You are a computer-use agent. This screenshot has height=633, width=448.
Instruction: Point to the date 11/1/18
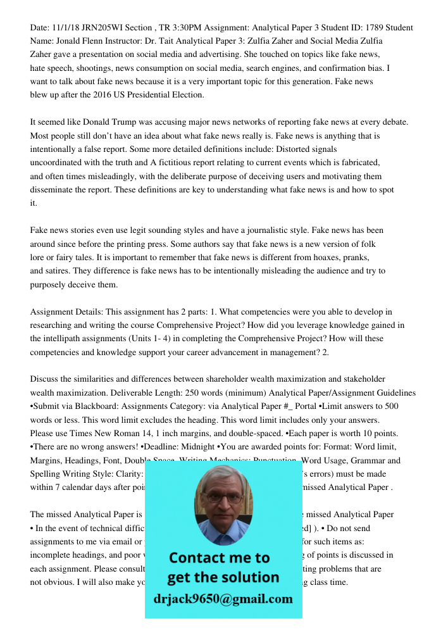click(x=65, y=28)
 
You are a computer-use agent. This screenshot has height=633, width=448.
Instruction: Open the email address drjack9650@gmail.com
click(x=223, y=599)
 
